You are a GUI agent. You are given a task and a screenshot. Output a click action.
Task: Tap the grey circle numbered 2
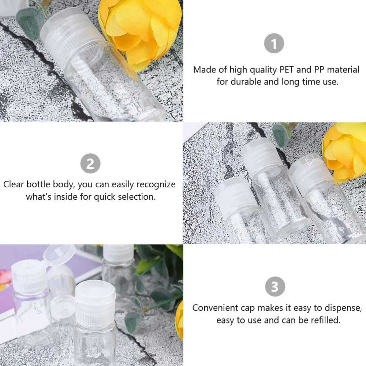(90, 164)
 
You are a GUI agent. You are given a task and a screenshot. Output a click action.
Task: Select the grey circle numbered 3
(274, 287)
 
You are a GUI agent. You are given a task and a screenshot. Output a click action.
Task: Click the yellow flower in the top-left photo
(141, 29)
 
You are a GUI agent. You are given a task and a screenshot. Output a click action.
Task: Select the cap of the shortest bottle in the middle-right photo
(231, 194)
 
